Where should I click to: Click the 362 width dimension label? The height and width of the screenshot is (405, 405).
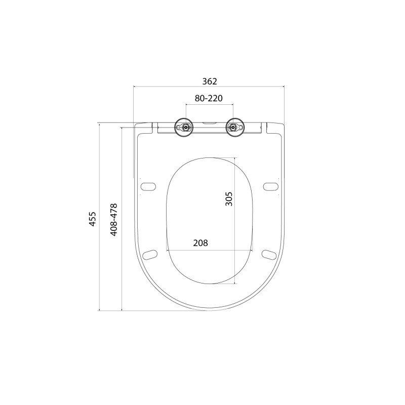pos(210,82)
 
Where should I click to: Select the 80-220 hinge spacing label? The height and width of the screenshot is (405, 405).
pos(209,98)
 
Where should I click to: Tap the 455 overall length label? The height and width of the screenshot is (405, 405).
pos(92,219)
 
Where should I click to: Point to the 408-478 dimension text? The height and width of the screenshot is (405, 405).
pos(114,220)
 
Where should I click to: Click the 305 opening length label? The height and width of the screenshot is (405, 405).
pos(229,198)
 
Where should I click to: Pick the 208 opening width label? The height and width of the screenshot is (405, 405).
pos(200,243)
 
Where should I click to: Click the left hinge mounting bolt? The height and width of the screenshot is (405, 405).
pos(185,127)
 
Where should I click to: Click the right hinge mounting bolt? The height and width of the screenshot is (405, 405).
pos(233,127)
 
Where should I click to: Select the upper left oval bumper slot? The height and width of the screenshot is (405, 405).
pos(148,186)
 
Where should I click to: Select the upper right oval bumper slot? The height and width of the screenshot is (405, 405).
pos(270,186)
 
